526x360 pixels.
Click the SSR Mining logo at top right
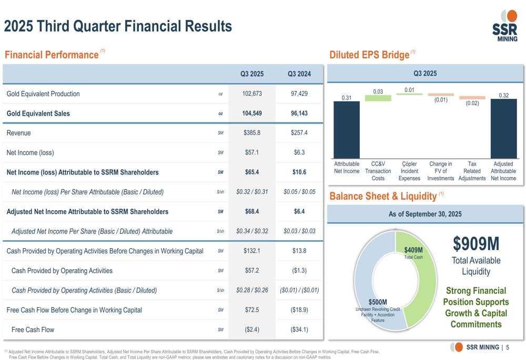[505, 26]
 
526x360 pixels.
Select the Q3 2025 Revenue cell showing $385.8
[252, 133]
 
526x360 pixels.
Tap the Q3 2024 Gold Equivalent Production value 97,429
[299, 94]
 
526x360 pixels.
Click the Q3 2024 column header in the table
[299, 74]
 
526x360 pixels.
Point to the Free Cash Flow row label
[33, 330]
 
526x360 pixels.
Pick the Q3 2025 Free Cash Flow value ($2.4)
[252, 330]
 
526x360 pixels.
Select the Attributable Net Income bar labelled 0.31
[347, 129]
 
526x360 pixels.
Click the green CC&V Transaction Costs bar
[378, 98]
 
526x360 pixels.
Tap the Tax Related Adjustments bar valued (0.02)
[472, 98]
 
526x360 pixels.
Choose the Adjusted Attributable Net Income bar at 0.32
[503, 129]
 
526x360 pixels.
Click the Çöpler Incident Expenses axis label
[409, 171]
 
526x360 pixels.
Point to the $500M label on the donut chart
[378, 302]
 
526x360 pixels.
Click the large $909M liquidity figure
[476, 243]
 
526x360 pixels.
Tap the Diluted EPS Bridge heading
[369, 55]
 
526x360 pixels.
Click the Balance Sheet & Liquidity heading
[383, 197]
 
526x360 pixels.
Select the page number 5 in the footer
[508, 347]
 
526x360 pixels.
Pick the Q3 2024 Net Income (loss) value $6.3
[299, 152]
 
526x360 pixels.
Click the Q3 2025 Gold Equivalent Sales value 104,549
[252, 114]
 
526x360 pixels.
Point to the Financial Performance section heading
[52, 55]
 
